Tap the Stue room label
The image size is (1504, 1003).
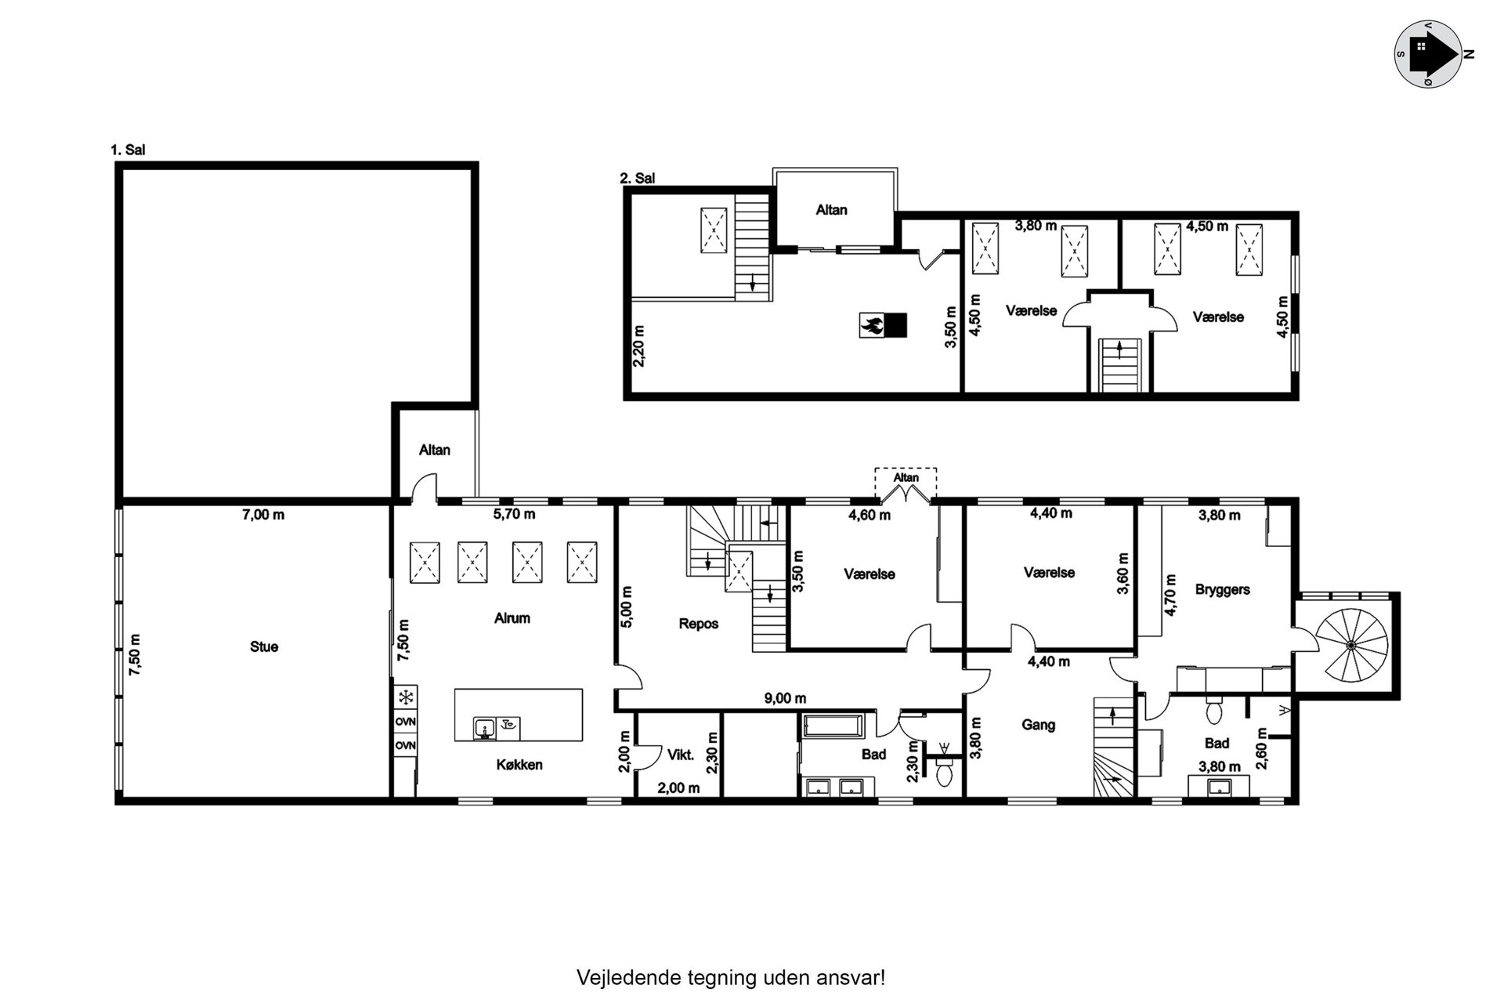pyautogui.click(x=264, y=647)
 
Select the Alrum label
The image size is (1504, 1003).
pyautogui.click(x=512, y=618)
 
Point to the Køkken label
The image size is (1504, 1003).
pyautogui.click(x=519, y=765)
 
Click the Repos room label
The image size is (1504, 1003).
pyautogui.click(x=699, y=625)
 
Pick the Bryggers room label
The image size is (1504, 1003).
pyautogui.click(x=1223, y=589)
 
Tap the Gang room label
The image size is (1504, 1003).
pyautogui.click(x=1039, y=725)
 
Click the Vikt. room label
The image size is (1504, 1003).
pyautogui.click(x=681, y=755)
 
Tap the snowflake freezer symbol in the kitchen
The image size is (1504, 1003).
pyautogui.click(x=406, y=697)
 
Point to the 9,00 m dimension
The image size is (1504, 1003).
pyautogui.click(x=786, y=699)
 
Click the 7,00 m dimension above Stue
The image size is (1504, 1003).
pyautogui.click(x=263, y=515)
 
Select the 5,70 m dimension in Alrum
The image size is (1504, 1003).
pyautogui.click(x=514, y=515)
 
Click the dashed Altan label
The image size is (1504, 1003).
pyautogui.click(x=906, y=477)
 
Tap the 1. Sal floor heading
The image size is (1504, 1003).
pyautogui.click(x=128, y=150)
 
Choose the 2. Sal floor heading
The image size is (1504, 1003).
pyautogui.click(x=638, y=179)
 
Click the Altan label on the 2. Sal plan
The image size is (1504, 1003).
pyautogui.click(x=832, y=210)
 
